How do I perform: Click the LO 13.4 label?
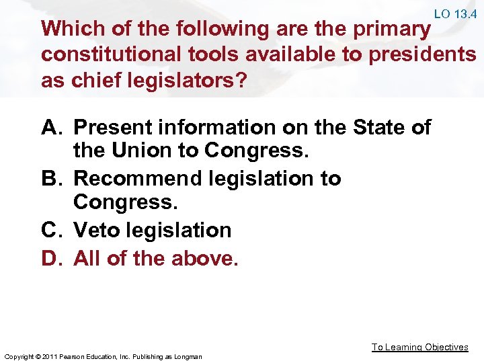pos(456,13)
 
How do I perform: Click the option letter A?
pos(52,127)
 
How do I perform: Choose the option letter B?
pos(52,179)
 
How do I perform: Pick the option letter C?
pos(52,231)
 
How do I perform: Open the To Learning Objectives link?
pos(419,347)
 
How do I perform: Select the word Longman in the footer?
pos(190,356)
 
